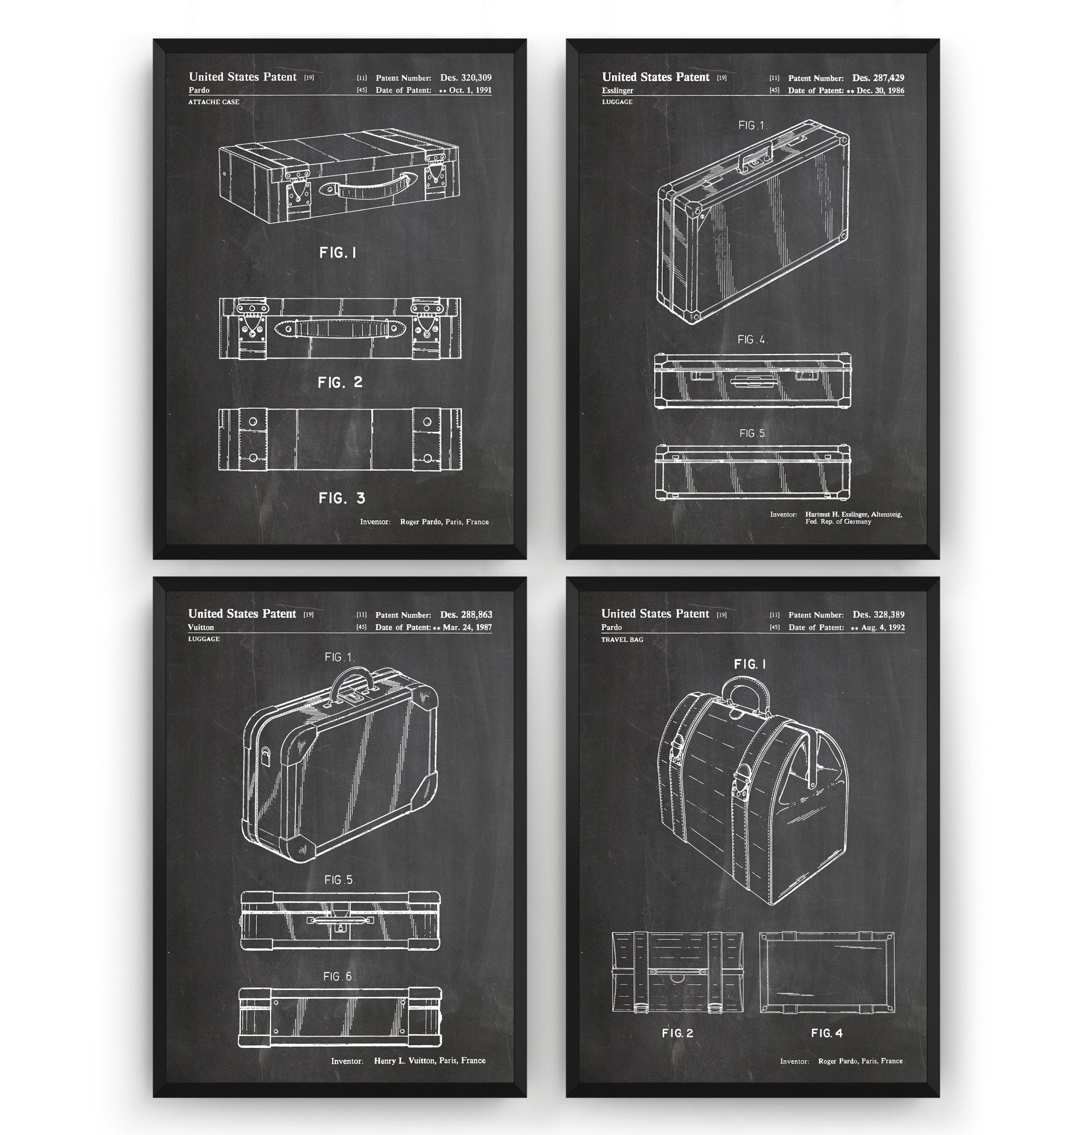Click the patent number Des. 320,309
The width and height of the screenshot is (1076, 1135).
(466, 78)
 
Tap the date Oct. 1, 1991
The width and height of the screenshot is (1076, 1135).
(470, 90)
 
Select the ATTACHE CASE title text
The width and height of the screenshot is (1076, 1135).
(214, 102)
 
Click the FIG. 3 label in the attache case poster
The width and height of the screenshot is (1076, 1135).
(342, 498)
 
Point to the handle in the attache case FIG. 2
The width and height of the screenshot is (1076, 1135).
(341, 329)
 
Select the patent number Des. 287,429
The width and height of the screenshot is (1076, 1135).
(878, 78)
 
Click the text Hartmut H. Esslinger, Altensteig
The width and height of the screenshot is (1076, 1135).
(854, 514)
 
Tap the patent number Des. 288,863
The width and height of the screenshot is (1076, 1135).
(466, 614)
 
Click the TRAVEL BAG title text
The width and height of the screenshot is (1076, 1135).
(623, 640)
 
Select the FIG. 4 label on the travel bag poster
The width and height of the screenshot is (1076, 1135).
(827, 1033)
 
